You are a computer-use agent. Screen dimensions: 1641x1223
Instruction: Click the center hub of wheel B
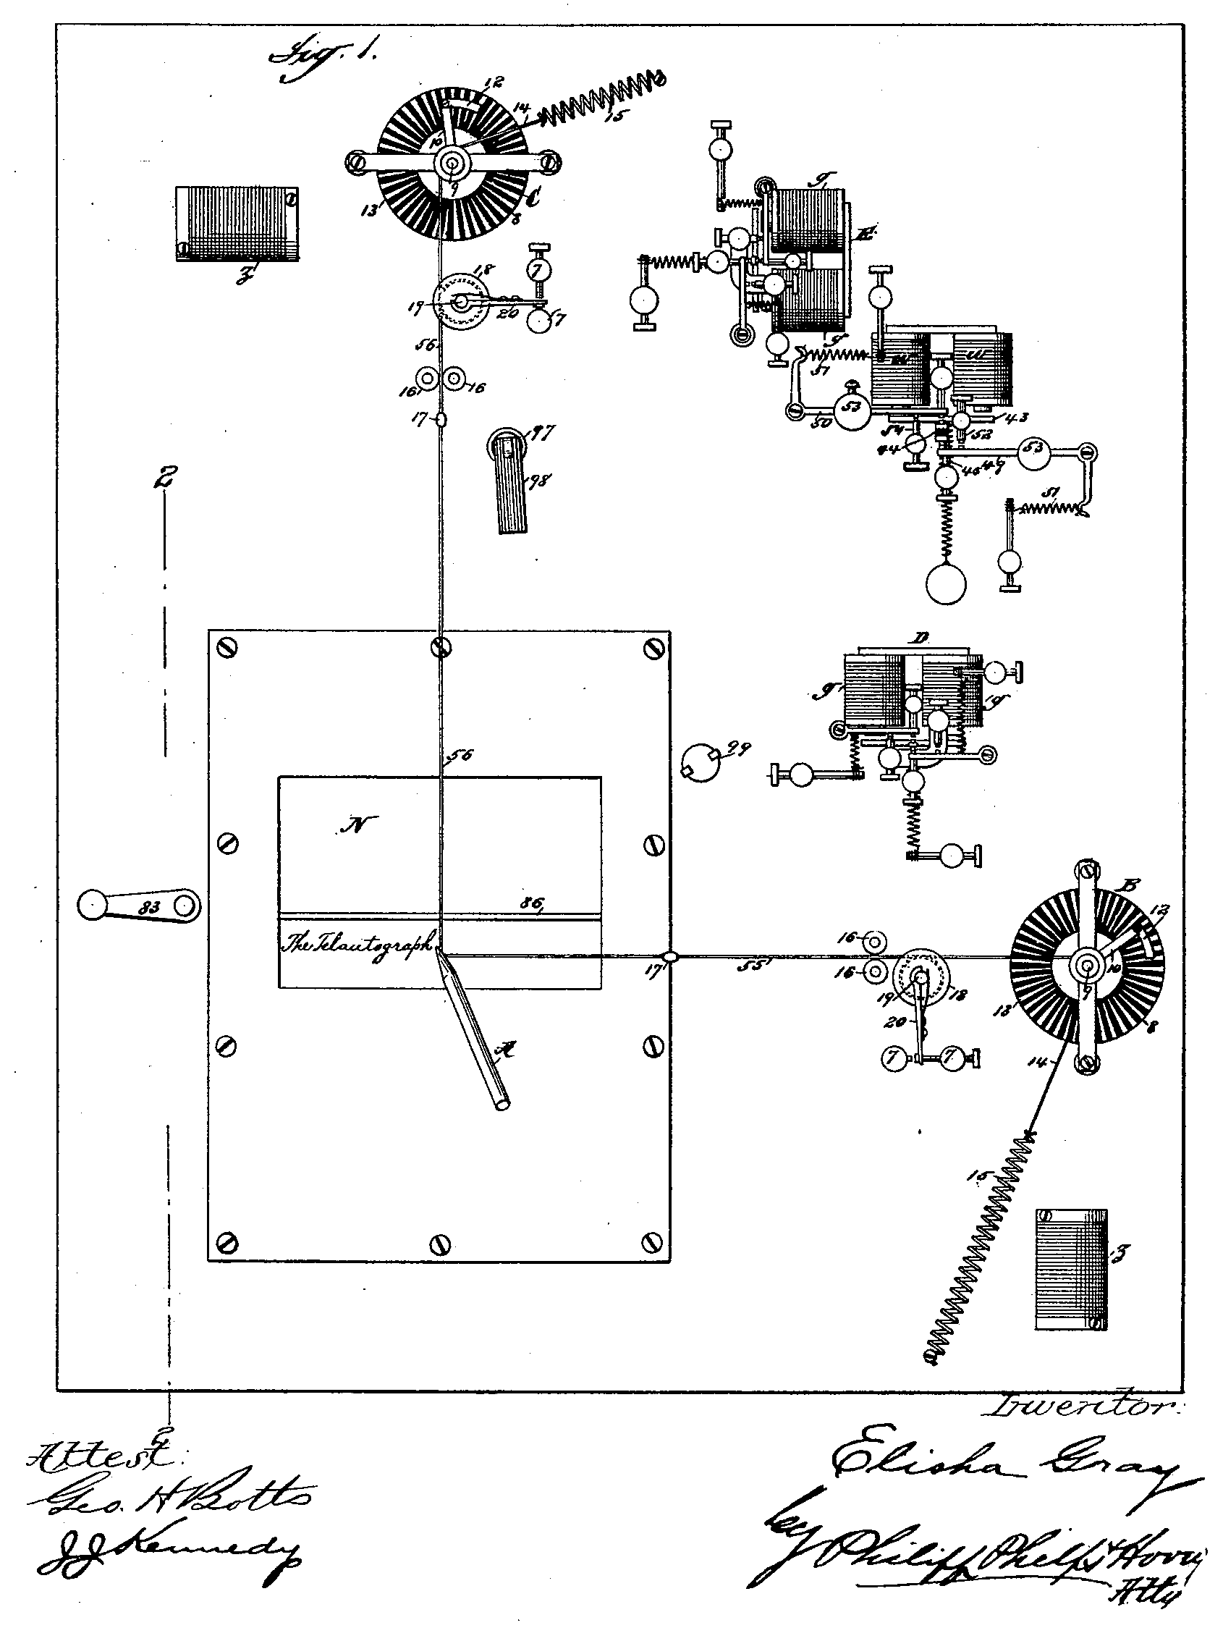[x=1086, y=965]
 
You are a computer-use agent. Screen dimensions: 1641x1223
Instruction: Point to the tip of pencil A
[x=439, y=952]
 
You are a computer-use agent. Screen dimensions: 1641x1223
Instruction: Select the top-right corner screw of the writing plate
[x=653, y=648]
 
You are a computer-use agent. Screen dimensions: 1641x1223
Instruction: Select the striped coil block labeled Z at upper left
[x=237, y=224]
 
